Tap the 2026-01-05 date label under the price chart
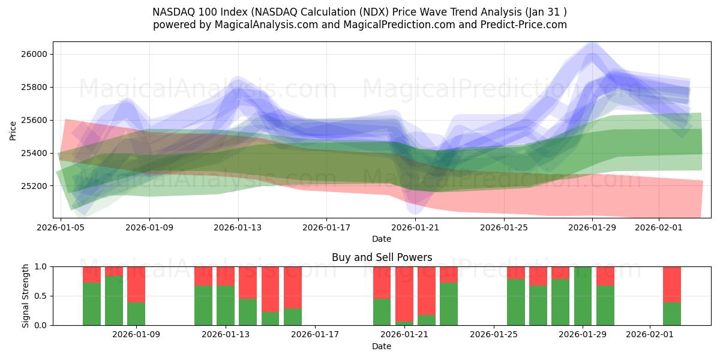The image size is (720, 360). (x=61, y=228)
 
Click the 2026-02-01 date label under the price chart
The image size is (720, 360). (x=659, y=228)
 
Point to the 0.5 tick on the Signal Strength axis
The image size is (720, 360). (x=42, y=296)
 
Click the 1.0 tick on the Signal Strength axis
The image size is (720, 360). (x=42, y=266)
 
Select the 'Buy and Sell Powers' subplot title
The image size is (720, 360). (x=382, y=257)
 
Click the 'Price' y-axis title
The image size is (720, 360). (x=13, y=130)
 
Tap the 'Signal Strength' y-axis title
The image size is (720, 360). (x=26, y=296)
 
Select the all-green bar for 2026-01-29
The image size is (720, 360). (x=583, y=296)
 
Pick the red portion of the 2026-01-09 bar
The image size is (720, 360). (x=136, y=284)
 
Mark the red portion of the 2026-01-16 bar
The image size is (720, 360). (x=293, y=287)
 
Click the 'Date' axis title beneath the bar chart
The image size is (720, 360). (x=382, y=346)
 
